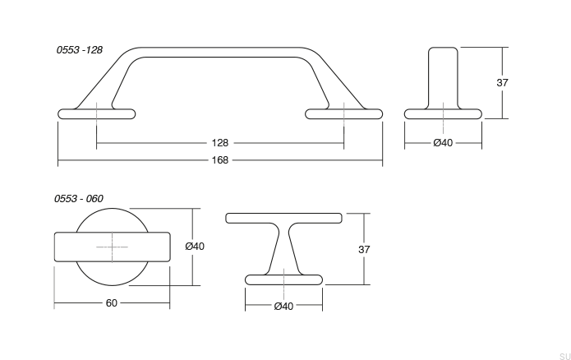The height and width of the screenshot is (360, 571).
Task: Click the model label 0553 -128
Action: click(80, 50)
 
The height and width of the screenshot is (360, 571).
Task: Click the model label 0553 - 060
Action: click(80, 198)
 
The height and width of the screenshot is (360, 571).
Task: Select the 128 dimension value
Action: click(220, 143)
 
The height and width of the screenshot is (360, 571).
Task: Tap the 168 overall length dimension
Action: click(219, 159)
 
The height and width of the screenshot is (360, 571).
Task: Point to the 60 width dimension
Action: click(112, 302)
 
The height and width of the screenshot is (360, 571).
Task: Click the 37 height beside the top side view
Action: click(503, 83)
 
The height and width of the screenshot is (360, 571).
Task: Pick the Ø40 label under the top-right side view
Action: click(443, 143)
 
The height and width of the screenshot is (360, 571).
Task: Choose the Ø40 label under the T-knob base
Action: click(283, 307)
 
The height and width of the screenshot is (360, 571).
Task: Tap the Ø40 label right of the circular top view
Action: click(196, 246)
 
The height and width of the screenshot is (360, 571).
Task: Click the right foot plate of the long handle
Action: click(344, 113)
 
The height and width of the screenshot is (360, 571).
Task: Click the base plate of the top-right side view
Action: click(444, 113)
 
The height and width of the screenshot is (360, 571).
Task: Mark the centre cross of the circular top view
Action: click(112, 246)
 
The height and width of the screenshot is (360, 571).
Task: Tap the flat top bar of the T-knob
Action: click(283, 218)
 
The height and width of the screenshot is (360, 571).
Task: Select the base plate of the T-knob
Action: click(283, 279)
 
